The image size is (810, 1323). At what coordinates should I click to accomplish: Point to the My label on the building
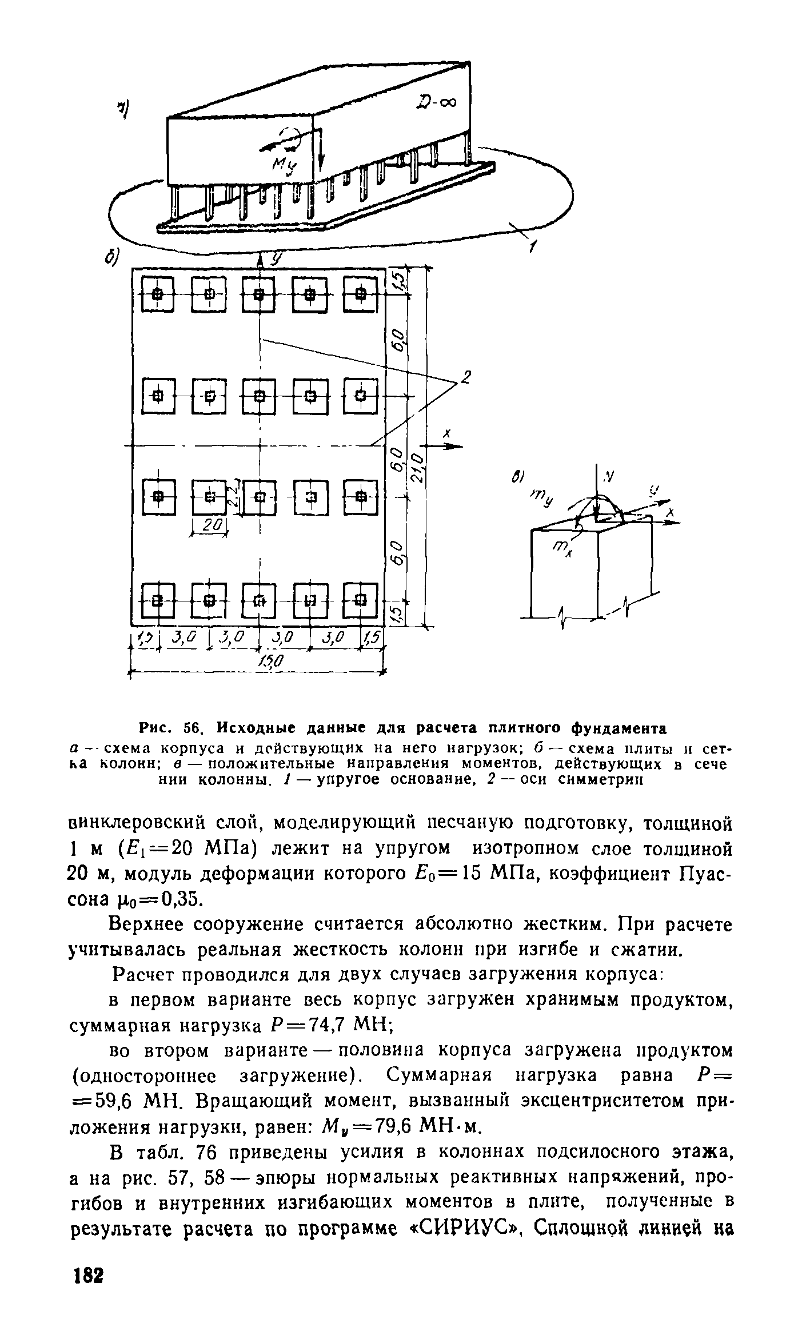coord(285,166)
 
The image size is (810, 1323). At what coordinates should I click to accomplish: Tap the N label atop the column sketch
coord(609,475)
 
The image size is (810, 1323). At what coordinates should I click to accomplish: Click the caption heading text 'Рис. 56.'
coord(172,729)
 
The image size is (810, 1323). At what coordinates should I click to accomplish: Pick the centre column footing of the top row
coord(260,294)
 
